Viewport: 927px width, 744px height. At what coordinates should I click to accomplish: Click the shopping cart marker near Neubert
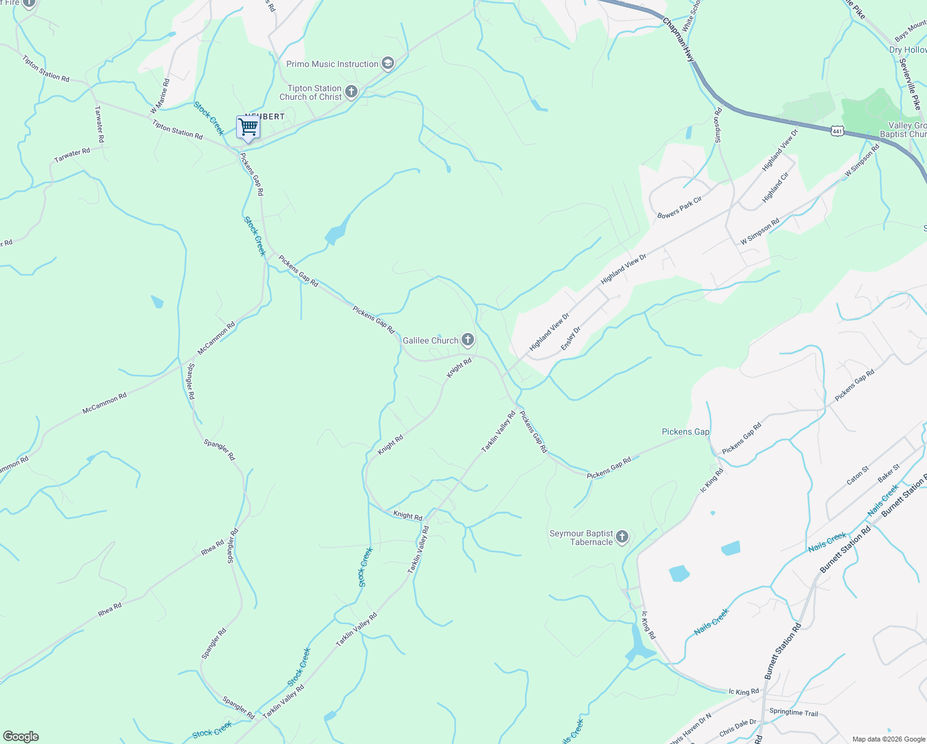click(x=248, y=128)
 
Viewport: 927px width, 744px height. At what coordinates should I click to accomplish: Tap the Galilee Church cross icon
click(x=468, y=340)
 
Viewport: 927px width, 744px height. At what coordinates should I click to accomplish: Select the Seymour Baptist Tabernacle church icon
click(x=623, y=537)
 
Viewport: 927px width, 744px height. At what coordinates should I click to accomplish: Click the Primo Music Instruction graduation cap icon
click(x=387, y=63)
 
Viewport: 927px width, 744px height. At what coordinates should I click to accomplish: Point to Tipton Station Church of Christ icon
click(x=351, y=92)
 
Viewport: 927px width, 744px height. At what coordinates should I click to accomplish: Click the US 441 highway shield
click(x=838, y=131)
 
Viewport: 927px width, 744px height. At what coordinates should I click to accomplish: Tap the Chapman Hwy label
click(x=679, y=39)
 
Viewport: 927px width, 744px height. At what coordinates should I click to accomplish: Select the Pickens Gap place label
click(x=685, y=432)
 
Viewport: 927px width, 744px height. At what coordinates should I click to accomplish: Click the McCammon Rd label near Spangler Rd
click(x=216, y=339)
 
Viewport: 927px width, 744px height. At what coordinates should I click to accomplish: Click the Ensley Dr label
click(x=570, y=339)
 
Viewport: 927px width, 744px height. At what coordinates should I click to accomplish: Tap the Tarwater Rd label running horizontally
click(x=72, y=155)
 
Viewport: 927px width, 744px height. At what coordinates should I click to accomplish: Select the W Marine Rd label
click(x=160, y=97)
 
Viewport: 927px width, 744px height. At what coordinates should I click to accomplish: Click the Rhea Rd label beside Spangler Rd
click(x=213, y=547)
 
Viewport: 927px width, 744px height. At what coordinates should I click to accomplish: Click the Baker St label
click(x=889, y=473)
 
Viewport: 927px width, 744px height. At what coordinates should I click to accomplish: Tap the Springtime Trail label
click(x=793, y=712)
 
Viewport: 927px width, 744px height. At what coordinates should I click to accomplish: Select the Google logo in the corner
click(x=21, y=737)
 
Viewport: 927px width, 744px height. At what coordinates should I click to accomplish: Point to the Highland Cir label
click(x=775, y=187)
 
